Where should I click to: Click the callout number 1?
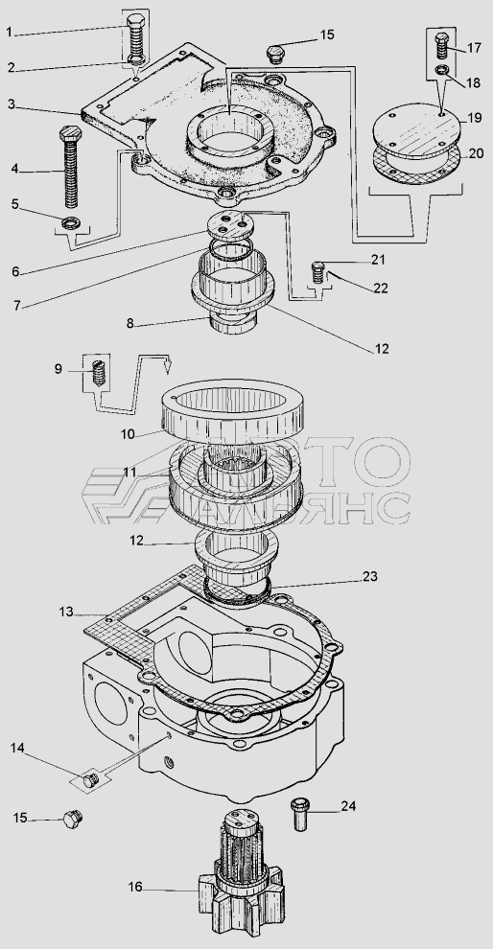coord(9,32)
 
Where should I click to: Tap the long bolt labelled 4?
coord(70,167)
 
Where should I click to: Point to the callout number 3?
coord(12,104)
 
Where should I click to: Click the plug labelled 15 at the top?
coord(276,53)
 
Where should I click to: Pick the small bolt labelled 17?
coord(441,45)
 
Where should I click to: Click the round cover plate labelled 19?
coord(417,131)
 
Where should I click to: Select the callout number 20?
coord(476,153)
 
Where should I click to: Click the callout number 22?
coord(381,289)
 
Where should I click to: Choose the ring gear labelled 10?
coord(231,408)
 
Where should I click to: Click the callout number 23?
coord(369,576)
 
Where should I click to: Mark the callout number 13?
coord(65,612)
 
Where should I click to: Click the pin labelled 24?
coord(300,814)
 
